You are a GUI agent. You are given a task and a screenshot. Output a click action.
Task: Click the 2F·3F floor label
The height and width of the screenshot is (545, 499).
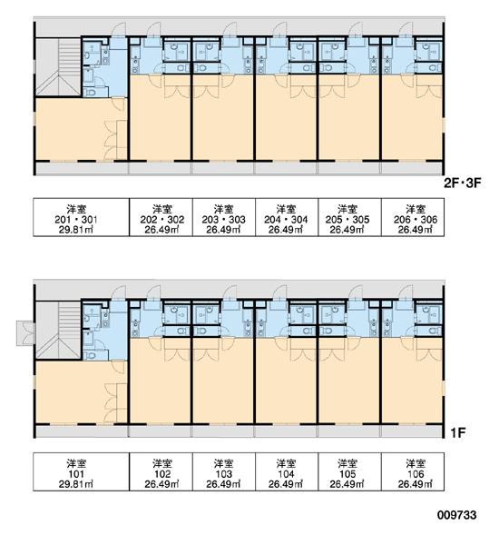(463, 183)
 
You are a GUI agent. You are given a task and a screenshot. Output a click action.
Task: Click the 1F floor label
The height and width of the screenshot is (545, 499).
(458, 432)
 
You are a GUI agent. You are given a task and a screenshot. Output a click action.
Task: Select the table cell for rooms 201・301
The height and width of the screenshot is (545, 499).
(82, 217)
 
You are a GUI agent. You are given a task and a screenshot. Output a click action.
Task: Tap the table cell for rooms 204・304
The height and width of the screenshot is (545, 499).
(287, 217)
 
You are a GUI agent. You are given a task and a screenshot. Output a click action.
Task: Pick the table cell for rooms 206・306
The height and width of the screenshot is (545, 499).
(413, 217)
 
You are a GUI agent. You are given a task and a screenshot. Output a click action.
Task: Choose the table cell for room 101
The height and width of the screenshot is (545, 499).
(82, 471)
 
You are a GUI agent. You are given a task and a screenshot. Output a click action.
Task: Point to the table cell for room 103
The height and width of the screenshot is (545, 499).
(224, 471)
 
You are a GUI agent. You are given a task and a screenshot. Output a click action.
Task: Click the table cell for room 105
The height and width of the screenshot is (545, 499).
(349, 471)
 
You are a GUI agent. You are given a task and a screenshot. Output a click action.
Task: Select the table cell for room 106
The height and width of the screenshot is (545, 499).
(413, 471)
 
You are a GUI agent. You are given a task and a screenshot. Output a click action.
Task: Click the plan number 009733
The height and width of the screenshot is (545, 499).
(457, 515)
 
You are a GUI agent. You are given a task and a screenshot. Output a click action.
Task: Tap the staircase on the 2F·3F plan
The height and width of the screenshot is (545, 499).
(59, 66)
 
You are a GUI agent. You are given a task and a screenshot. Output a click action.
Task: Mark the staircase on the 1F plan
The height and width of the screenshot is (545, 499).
(59, 330)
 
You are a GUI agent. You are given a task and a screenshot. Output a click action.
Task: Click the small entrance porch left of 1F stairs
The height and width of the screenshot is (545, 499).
(25, 333)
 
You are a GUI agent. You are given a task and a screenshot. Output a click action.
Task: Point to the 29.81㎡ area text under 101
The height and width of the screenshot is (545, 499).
(76, 484)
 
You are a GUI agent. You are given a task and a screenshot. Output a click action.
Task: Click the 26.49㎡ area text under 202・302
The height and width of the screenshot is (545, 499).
(161, 230)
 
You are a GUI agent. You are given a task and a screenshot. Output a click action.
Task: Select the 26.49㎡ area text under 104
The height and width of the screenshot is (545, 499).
(286, 484)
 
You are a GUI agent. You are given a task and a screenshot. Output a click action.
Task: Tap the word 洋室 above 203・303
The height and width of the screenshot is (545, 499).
(223, 209)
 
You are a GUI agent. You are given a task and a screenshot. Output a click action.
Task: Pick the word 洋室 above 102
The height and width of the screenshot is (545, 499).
(162, 463)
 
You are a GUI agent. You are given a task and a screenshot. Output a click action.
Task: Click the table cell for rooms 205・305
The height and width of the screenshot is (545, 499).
(349, 217)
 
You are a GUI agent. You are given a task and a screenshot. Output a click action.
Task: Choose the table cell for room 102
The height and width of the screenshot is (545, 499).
(161, 471)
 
